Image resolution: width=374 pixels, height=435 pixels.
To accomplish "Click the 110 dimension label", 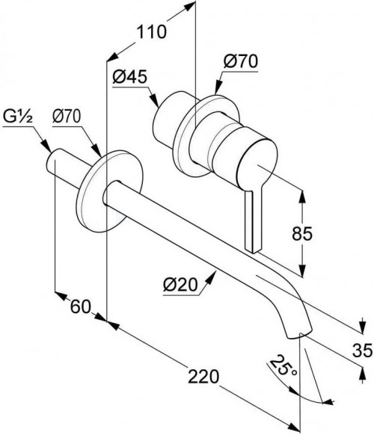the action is pos(152,31).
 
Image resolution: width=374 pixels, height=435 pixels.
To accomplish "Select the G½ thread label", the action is pos(17,117).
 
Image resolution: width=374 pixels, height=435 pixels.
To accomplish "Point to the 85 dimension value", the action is pos(302,233).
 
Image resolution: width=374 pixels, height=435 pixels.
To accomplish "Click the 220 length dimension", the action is pos(203,376).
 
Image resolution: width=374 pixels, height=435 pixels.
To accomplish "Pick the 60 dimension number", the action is pos(81,307).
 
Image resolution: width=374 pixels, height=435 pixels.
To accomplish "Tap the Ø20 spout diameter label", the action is pos(180,285).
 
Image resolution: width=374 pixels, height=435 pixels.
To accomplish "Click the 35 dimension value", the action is pos(362,350).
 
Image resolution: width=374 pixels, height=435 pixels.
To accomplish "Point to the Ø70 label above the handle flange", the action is pos(241,61).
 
